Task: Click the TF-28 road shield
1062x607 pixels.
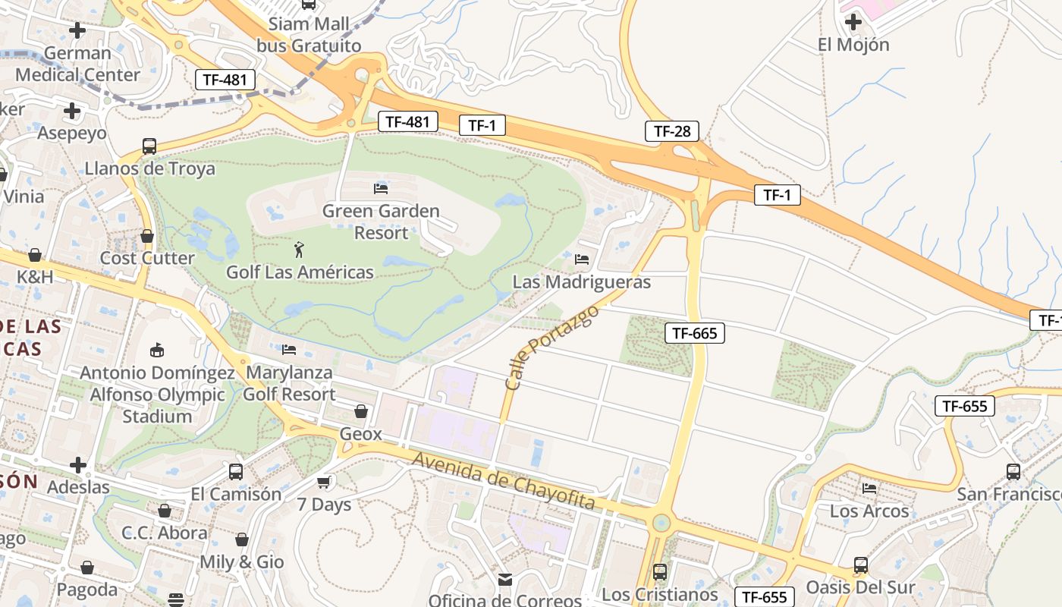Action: [671, 131]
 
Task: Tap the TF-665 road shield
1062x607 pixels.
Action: [694, 332]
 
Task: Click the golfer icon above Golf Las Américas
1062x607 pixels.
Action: [300, 249]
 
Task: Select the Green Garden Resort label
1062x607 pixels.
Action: [381, 222]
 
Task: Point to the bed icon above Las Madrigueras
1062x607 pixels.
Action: [582, 259]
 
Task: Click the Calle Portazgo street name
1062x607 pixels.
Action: [551, 348]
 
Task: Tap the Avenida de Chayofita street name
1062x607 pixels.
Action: [503, 481]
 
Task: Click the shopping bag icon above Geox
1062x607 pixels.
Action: [361, 411]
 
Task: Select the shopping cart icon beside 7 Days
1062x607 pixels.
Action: [324, 482]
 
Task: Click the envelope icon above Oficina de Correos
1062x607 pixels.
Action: [505, 580]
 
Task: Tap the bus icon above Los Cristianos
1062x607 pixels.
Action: [660, 571]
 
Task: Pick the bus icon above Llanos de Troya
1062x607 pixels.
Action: [149, 146]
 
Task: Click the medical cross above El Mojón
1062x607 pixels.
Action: [853, 22]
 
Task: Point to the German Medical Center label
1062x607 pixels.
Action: [77, 64]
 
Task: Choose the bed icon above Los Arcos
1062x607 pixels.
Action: [869, 489]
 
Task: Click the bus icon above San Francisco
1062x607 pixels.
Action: [1013, 472]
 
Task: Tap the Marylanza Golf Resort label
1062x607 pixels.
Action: [289, 383]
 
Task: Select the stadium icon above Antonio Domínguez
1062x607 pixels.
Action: [157, 350]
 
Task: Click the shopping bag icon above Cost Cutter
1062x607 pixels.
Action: [147, 237]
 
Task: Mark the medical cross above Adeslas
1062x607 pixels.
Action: [78, 464]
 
